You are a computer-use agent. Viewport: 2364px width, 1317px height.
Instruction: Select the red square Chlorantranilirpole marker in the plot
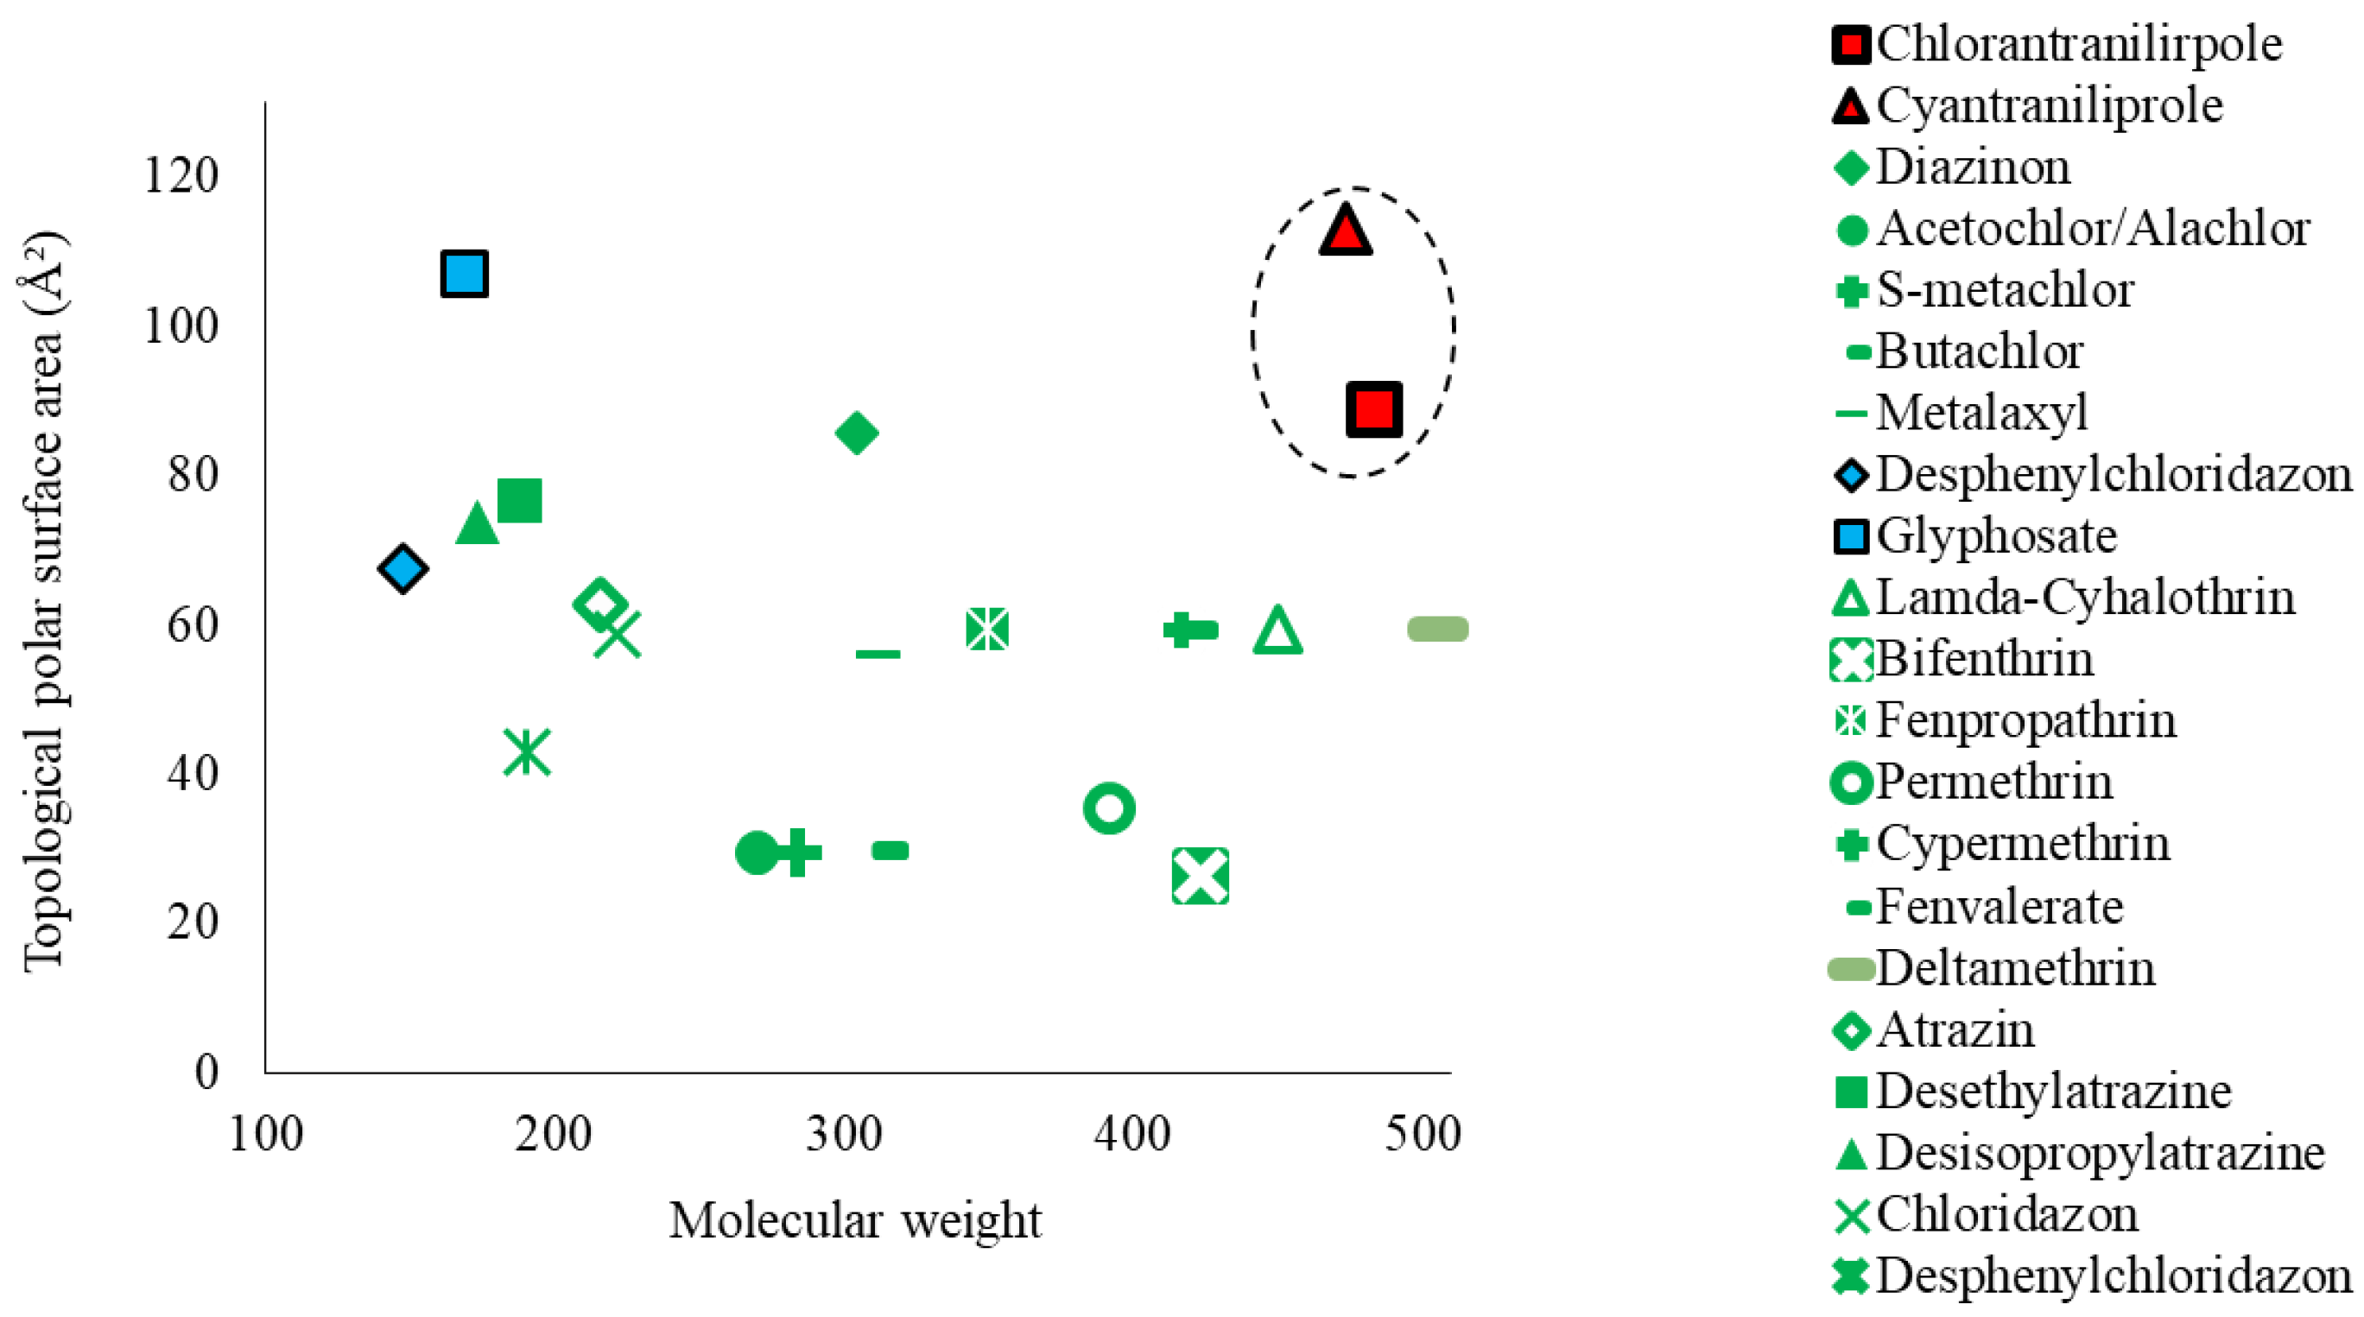point(1373,408)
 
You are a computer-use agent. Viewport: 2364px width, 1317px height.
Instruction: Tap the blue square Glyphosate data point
point(465,274)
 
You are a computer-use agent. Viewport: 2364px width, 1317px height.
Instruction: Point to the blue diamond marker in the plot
point(402,569)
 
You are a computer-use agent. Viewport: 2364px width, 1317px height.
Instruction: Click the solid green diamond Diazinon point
point(856,434)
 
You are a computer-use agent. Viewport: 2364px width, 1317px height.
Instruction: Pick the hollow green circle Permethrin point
point(1109,808)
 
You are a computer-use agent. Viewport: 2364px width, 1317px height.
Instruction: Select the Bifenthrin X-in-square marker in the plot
point(1201,877)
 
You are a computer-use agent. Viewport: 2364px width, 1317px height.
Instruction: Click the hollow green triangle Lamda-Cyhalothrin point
point(1277,631)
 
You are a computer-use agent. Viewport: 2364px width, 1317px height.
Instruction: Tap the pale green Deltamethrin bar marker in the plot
point(1437,629)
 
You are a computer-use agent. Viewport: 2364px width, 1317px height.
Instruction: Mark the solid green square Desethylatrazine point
point(519,500)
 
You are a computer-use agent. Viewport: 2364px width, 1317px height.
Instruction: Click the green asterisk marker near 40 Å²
point(527,751)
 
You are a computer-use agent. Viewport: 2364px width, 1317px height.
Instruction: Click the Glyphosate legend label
point(1996,536)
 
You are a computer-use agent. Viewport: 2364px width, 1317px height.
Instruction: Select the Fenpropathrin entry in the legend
point(2025,720)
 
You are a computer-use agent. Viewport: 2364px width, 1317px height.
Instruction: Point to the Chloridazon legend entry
point(2007,1214)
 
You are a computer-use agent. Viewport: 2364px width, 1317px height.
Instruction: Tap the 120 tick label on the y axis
point(181,174)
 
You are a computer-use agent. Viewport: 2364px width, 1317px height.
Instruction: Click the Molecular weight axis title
point(855,1220)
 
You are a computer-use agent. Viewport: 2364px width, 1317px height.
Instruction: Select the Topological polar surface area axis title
point(44,601)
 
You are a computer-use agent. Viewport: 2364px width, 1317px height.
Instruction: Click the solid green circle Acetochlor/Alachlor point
point(757,852)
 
